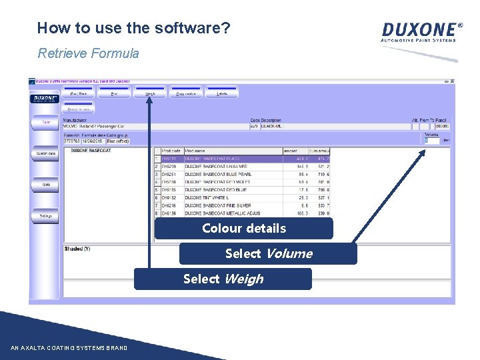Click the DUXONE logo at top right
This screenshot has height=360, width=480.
coord(421,31)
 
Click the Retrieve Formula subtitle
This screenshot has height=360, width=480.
coord(88,53)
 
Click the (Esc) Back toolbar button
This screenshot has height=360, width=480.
coord(79,94)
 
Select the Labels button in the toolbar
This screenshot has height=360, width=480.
coord(222,94)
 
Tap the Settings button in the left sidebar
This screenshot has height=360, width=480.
coord(46,216)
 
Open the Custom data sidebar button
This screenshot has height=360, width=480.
coord(46,153)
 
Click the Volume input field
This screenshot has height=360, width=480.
coord(433,141)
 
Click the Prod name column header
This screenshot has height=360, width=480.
coord(196,151)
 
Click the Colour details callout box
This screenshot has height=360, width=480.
coord(243,229)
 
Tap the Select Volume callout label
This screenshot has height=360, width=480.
coord(268,254)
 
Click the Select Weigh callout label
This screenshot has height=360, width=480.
coord(223,279)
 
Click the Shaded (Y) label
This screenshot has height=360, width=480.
coord(77,249)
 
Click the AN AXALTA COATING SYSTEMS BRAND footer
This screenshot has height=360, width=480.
coord(69,348)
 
